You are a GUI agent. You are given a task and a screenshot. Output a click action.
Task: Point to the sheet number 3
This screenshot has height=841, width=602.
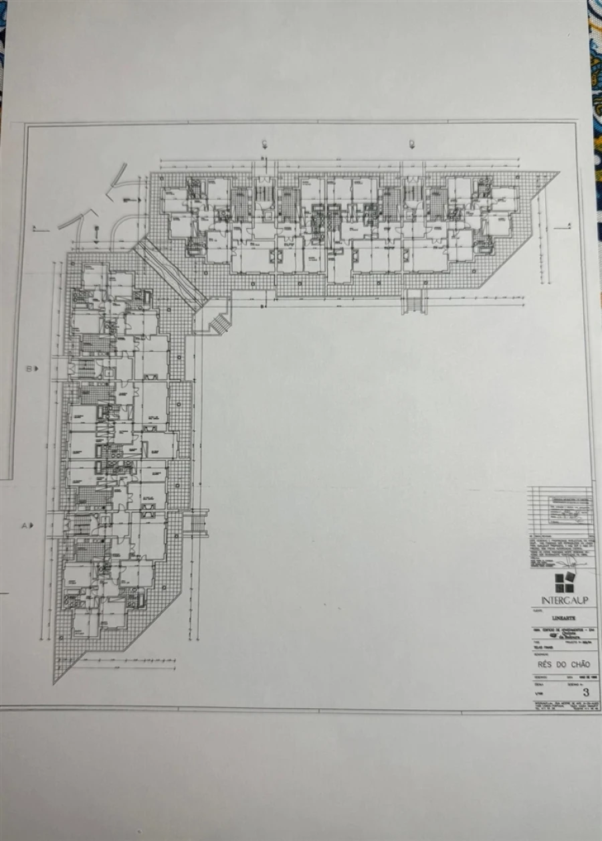[x=586, y=692]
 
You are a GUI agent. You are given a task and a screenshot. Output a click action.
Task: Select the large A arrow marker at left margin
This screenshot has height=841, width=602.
[x=27, y=526]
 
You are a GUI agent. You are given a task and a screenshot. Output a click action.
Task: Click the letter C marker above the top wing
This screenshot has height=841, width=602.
[x=265, y=143]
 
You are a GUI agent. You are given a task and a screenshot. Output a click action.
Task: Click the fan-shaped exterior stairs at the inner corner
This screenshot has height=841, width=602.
[x=219, y=324]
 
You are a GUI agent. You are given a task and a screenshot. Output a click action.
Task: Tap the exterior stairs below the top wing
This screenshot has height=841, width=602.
[x=415, y=304]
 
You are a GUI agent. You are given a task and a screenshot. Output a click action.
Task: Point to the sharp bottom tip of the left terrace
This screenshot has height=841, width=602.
[x=56, y=680]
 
